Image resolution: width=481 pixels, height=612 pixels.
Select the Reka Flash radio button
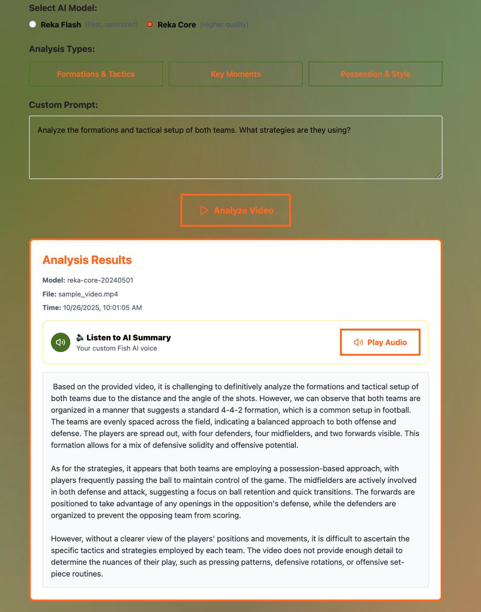click(33, 24)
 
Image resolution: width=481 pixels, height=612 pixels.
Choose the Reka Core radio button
click(150, 24)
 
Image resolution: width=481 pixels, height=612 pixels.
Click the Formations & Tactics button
click(96, 74)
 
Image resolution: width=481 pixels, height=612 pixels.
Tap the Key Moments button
click(235, 74)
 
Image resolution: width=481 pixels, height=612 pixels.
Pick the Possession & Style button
click(375, 74)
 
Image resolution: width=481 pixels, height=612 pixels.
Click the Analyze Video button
click(235, 210)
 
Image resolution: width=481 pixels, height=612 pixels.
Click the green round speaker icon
click(61, 342)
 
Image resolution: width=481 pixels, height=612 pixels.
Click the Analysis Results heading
click(87, 260)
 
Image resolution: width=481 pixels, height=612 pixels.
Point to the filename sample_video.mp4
click(88, 294)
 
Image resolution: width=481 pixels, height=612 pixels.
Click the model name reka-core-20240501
click(100, 280)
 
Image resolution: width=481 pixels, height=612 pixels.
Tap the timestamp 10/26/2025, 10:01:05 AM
click(102, 307)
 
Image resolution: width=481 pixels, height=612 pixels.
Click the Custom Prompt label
click(63, 105)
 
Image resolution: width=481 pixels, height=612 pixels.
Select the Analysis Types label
click(62, 49)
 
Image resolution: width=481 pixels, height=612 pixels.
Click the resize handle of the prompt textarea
click(438, 175)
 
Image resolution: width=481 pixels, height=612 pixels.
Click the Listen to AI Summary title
click(128, 338)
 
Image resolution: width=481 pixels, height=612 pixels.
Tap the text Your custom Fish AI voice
click(117, 348)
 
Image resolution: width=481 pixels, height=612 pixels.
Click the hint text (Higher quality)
click(224, 24)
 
